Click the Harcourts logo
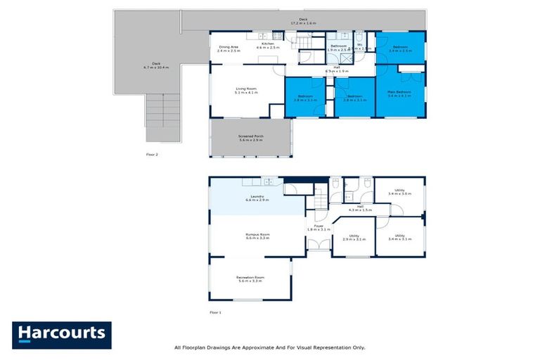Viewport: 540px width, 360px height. (62, 335)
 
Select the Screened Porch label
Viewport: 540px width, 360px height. (250, 138)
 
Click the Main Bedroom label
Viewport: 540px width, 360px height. (399, 94)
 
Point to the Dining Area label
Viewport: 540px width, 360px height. (229, 49)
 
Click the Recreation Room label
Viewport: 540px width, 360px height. (250, 279)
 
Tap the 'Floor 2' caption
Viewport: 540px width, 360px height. (153, 154)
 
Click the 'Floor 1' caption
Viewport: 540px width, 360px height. (215, 311)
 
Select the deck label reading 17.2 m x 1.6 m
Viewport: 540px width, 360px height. (303, 21)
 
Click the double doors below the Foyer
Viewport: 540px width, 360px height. (319, 245)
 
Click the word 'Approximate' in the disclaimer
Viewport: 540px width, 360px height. (257, 347)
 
